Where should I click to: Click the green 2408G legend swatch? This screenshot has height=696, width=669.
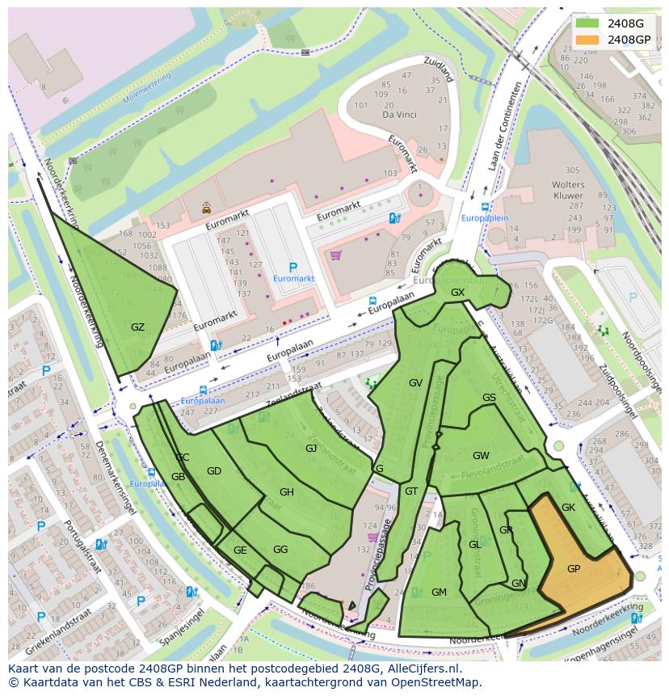click(x=588, y=24)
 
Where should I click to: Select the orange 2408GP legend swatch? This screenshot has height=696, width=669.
click(x=588, y=40)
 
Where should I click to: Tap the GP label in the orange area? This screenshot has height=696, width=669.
click(x=574, y=569)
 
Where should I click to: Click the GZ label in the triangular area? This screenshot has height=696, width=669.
click(x=137, y=327)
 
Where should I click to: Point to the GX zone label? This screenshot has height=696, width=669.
click(x=458, y=293)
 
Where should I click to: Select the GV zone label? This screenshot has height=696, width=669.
click(x=415, y=383)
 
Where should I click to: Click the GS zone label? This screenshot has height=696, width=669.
click(x=489, y=398)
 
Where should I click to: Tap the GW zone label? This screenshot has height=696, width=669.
click(x=481, y=455)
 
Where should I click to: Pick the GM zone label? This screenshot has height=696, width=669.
click(x=439, y=593)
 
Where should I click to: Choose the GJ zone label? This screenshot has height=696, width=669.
click(x=311, y=448)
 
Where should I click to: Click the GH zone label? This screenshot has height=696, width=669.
click(x=287, y=492)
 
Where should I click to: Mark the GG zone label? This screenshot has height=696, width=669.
click(x=280, y=550)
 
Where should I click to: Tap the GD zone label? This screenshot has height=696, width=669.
click(x=214, y=471)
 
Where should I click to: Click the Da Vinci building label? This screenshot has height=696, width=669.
click(x=398, y=115)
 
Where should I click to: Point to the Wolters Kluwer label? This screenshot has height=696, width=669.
click(x=568, y=190)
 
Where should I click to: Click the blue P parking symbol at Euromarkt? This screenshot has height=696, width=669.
click(x=292, y=268)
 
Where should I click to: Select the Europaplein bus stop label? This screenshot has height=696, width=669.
click(x=485, y=218)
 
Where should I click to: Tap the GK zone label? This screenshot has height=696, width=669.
click(x=568, y=508)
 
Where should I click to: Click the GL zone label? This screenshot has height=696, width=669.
click(x=475, y=545)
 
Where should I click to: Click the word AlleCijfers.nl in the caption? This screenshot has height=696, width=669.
click(x=421, y=669)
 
